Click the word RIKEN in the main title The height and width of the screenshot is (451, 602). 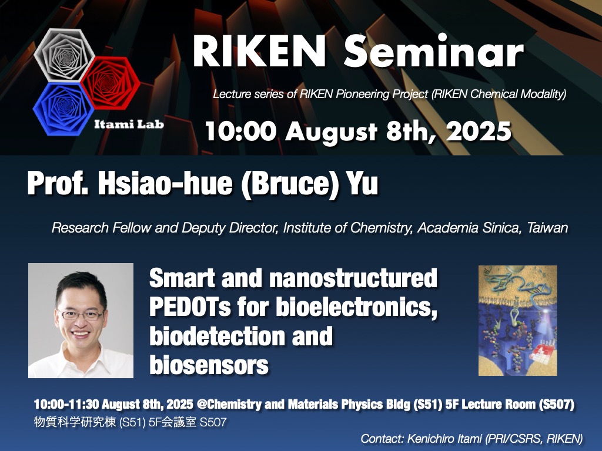click(259, 52)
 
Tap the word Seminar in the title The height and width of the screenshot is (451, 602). click(434, 52)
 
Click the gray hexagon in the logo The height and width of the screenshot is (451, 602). click(64, 55)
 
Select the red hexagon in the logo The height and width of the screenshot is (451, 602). click(110, 82)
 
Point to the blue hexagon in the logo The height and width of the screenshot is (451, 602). click(63, 109)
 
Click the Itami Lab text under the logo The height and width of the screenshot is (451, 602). click(129, 124)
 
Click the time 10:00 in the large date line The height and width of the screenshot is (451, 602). click(240, 132)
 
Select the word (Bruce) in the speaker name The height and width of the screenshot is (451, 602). click(290, 183)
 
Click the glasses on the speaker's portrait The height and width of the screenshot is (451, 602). click(81, 315)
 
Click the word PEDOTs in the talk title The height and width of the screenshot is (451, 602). click(190, 307)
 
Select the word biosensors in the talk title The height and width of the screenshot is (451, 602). click(209, 365)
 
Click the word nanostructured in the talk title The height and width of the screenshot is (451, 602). click(353, 278)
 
